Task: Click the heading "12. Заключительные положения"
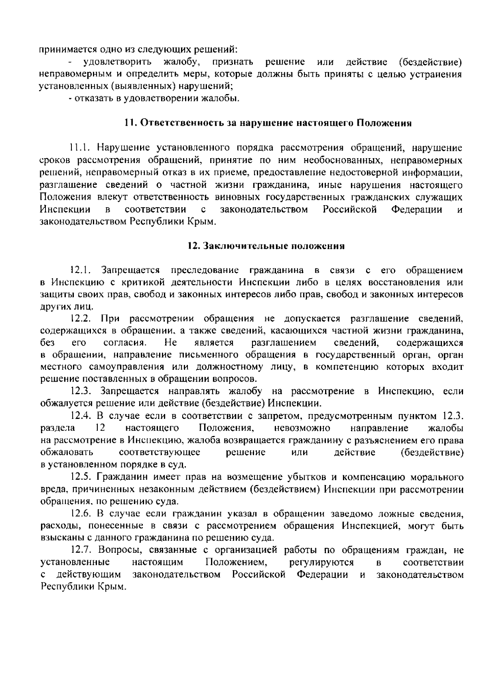[x=266, y=246]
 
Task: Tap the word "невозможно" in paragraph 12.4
[x=302, y=428]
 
